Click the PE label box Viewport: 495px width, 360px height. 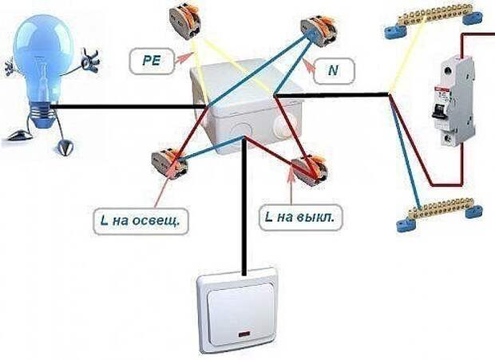(152, 61)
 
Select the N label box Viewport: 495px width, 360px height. (335, 71)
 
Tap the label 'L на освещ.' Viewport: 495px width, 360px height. (141, 220)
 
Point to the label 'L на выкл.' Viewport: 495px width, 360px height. (300, 217)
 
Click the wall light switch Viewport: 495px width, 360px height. (237, 311)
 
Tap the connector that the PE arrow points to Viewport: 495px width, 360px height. (184, 22)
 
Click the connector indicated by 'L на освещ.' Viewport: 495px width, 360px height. (169, 164)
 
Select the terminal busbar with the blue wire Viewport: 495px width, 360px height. (439, 212)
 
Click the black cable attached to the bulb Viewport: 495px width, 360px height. (128, 107)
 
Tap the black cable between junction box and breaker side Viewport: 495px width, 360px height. (331, 95)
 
